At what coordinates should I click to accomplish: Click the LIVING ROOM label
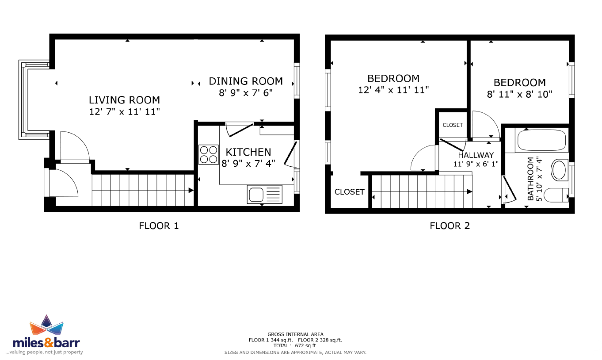(125, 100)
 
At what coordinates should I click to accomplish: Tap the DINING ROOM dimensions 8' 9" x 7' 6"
(246, 93)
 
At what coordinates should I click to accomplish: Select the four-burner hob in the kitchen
(209, 155)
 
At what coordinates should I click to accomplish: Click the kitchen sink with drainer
(265, 194)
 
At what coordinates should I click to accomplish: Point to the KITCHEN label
(248, 152)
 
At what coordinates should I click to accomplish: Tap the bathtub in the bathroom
(541, 140)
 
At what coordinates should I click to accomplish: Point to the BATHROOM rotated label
(530, 179)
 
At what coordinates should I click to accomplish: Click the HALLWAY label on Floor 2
(476, 155)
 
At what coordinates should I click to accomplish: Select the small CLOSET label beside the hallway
(453, 125)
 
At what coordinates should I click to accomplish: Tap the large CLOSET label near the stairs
(349, 191)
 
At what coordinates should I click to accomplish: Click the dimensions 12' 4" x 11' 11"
(393, 90)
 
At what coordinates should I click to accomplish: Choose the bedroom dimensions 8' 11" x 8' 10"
(519, 94)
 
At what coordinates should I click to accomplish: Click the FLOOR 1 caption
(159, 226)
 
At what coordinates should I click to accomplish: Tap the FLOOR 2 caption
(450, 226)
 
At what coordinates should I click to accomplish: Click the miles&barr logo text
(46, 343)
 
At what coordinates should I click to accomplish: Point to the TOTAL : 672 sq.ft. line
(295, 346)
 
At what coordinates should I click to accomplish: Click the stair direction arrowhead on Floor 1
(191, 190)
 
